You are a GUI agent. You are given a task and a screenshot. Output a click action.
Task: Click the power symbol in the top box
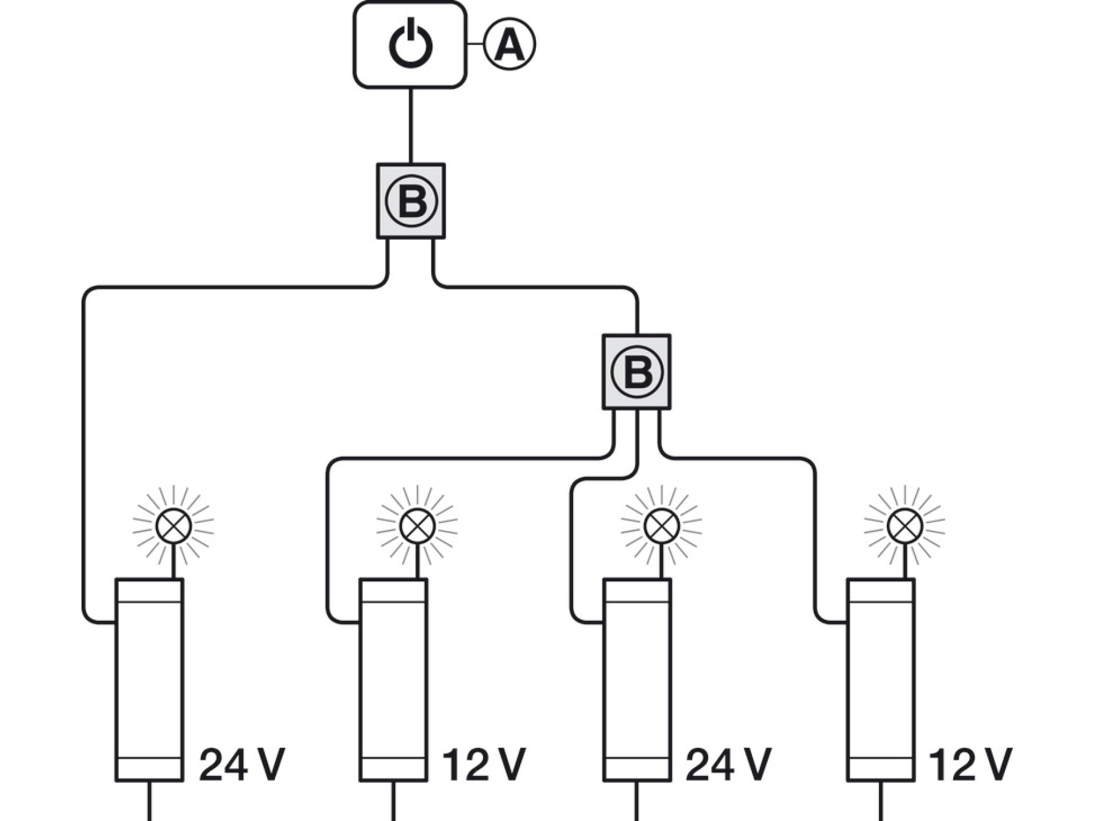(x=411, y=44)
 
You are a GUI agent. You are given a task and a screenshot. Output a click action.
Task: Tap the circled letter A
(x=510, y=44)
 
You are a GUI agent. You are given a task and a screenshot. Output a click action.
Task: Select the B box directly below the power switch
(x=411, y=201)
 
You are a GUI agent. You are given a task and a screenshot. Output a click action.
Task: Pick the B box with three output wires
(x=636, y=372)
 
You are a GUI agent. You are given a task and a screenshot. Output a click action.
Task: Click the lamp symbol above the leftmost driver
(x=173, y=526)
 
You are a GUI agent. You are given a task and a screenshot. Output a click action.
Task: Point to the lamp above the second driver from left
(x=417, y=526)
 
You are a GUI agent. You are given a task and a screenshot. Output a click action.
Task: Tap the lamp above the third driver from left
(x=661, y=526)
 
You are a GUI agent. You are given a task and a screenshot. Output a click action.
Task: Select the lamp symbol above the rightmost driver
(x=905, y=526)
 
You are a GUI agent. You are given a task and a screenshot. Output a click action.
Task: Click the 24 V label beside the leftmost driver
(x=242, y=764)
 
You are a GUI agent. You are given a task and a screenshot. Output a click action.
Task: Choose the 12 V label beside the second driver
(x=484, y=764)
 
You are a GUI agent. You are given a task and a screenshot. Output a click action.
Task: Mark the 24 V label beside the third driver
(x=728, y=764)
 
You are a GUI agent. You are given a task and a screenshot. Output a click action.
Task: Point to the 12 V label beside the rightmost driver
(x=971, y=764)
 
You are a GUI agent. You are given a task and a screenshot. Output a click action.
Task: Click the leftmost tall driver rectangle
(x=149, y=680)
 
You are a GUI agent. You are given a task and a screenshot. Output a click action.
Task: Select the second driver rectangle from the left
(x=393, y=680)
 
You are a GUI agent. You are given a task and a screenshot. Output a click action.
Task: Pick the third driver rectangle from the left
(x=637, y=680)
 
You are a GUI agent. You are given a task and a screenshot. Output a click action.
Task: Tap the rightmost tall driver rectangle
(x=880, y=680)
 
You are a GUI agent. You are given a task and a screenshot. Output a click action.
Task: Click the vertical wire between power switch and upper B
(x=411, y=126)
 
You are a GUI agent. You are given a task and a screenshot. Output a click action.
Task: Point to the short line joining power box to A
(x=475, y=44)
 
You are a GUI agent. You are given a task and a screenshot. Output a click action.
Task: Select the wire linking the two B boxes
(x=535, y=286)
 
